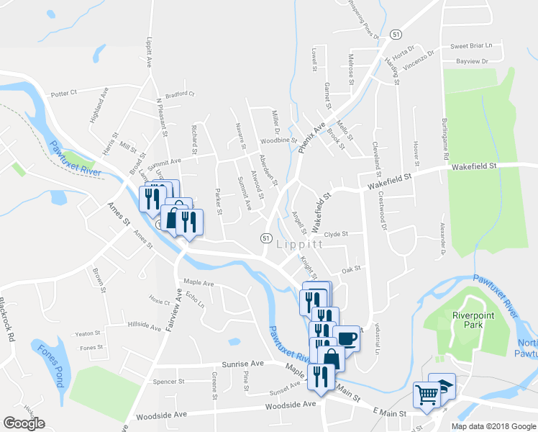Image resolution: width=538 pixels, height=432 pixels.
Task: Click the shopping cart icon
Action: tap(427, 395)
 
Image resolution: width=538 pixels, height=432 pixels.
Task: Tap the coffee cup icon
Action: tap(346, 338)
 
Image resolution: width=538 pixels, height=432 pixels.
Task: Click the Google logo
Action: tap(24, 423)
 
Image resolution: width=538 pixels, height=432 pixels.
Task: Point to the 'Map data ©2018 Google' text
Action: tap(493, 426)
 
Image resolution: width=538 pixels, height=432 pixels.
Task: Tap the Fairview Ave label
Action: tap(171, 310)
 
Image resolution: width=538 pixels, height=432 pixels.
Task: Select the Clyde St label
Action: tap(336, 234)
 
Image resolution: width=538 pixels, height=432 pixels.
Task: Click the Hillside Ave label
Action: tap(144, 326)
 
